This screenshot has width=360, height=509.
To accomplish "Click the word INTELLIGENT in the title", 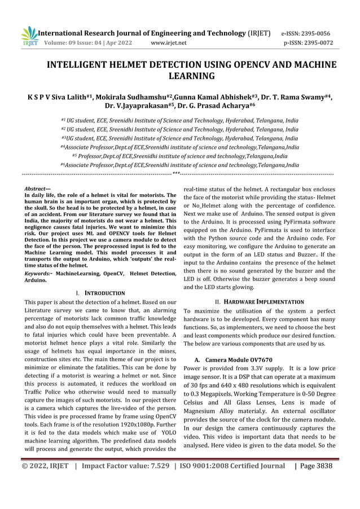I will [80, 64].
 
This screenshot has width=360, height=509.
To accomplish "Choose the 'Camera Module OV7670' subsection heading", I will [236, 359].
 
